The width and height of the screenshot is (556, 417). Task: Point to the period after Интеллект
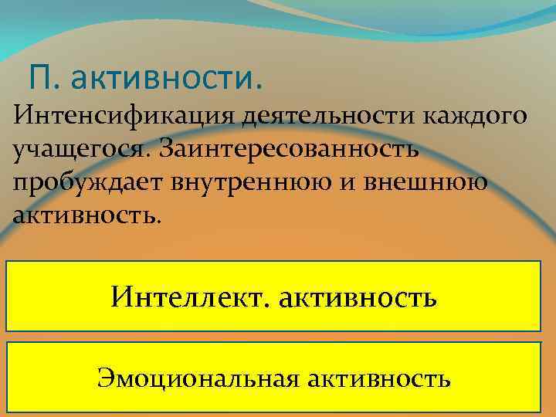pos(266,303)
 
